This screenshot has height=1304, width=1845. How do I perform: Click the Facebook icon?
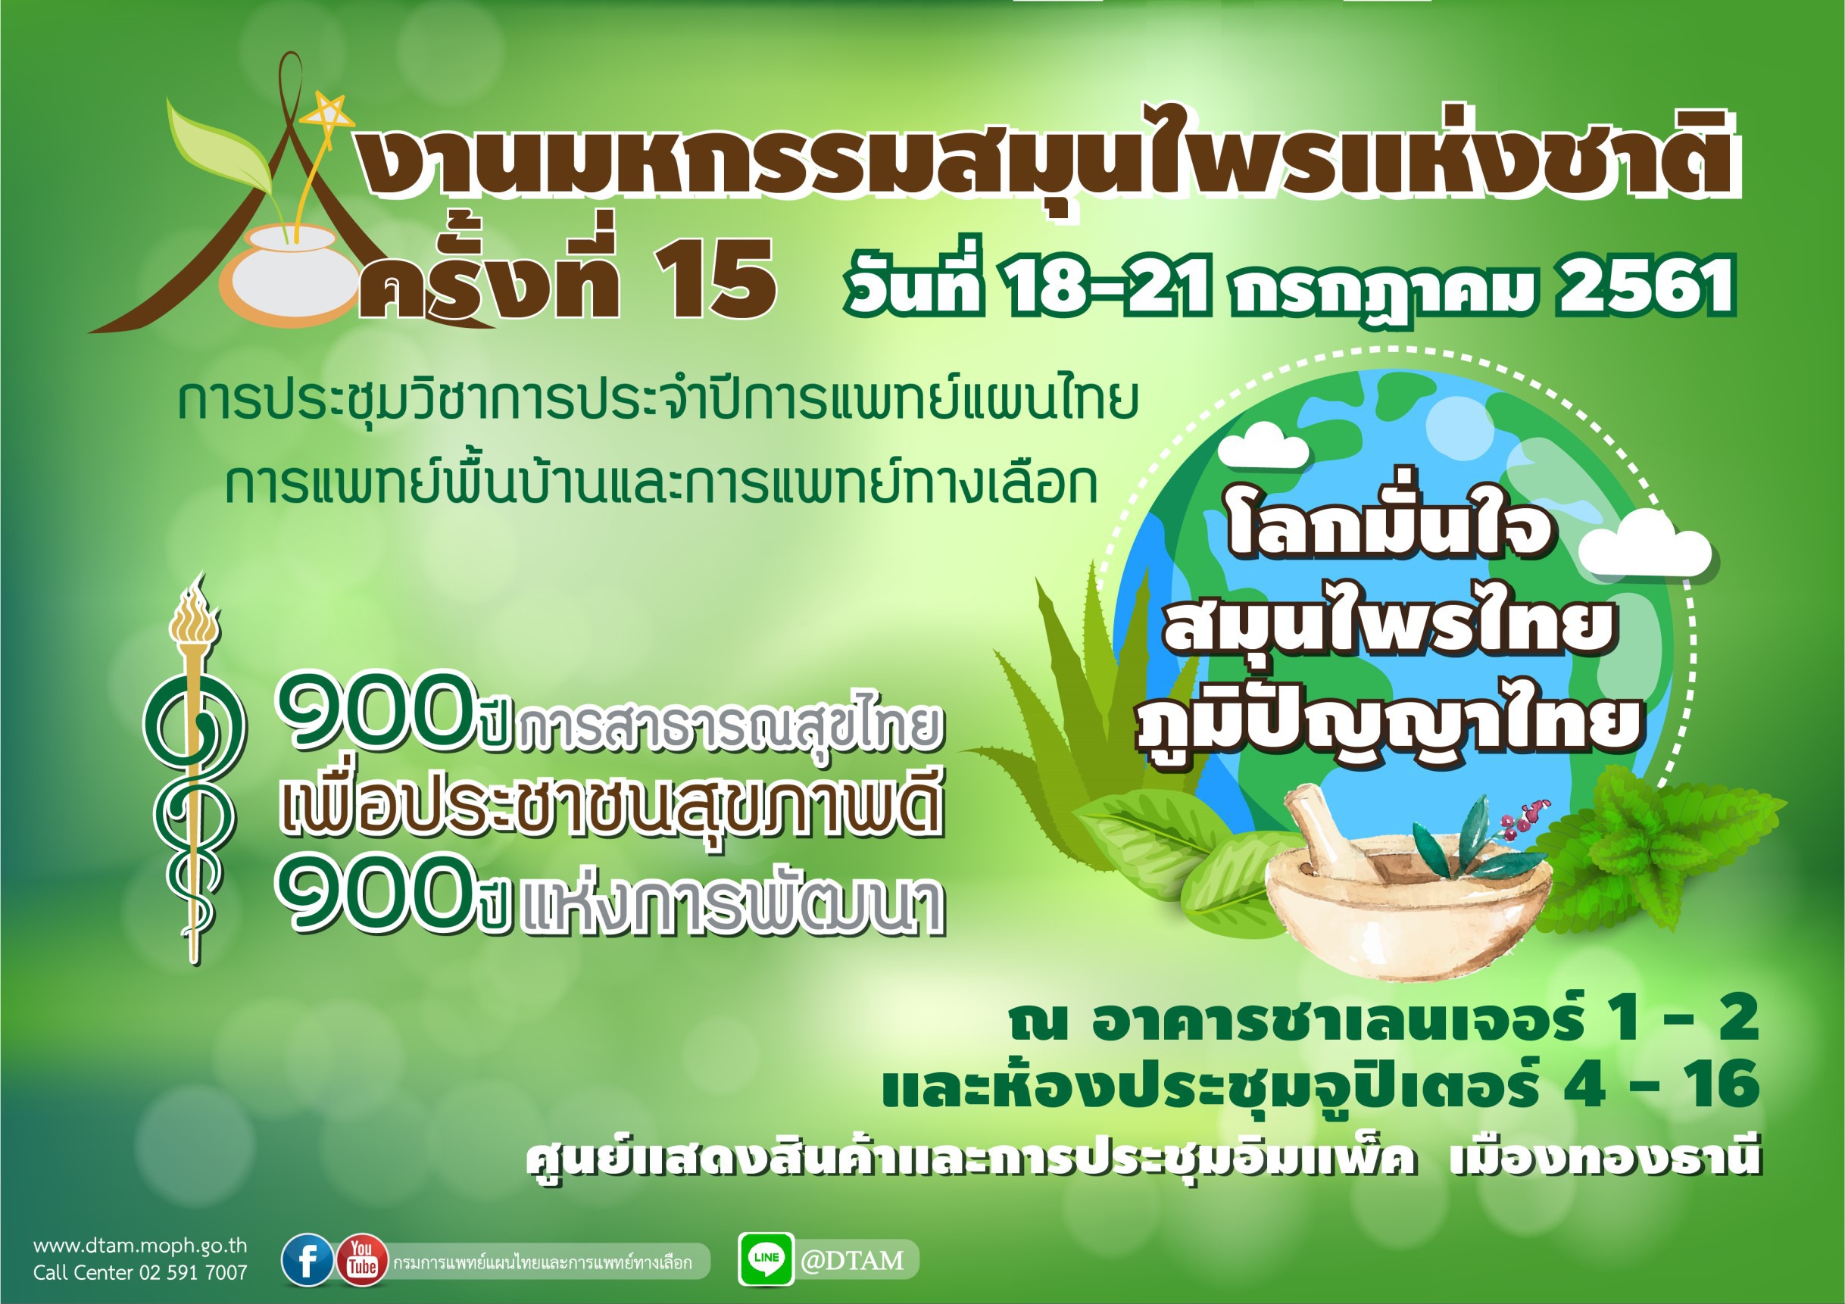click(x=307, y=1261)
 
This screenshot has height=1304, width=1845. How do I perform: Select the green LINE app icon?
click(x=766, y=1259)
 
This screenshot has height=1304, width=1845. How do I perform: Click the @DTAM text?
click(x=852, y=1260)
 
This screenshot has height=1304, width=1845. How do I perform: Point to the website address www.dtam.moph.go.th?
click(x=141, y=1246)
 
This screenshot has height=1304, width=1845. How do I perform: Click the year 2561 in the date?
click(x=1645, y=287)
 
